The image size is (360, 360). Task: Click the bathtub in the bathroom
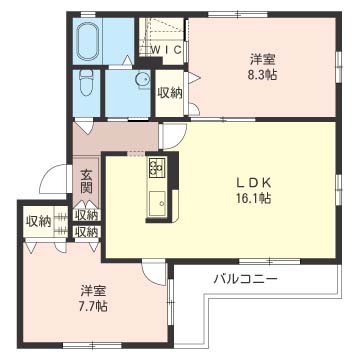88,43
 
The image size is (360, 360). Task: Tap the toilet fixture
85,84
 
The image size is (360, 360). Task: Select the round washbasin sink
143,80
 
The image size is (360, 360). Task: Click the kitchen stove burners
157,168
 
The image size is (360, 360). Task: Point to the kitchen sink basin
158,203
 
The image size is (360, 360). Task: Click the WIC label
167,51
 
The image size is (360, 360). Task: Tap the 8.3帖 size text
262,75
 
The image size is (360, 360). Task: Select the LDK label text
254,184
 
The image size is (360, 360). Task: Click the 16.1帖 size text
253,199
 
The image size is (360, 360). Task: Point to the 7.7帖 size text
92,306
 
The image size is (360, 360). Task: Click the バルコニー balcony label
246,278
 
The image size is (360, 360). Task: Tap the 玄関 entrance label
86,183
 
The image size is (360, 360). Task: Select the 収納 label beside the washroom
170,94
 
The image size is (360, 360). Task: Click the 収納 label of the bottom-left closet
39,221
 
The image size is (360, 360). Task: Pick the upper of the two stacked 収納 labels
86,215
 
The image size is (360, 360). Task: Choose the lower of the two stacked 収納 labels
86,231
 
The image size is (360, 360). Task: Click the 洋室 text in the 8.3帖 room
262,60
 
